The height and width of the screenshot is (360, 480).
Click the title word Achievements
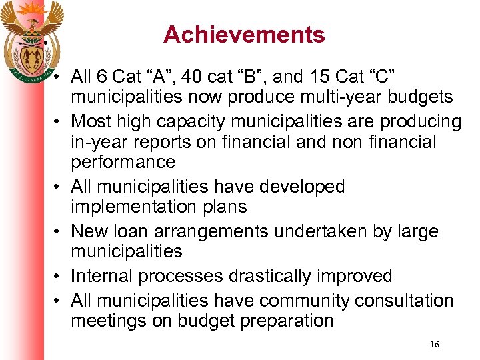(244, 35)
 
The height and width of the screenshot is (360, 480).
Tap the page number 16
(435, 345)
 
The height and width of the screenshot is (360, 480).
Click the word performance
(123, 162)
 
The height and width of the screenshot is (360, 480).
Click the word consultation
(404, 301)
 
